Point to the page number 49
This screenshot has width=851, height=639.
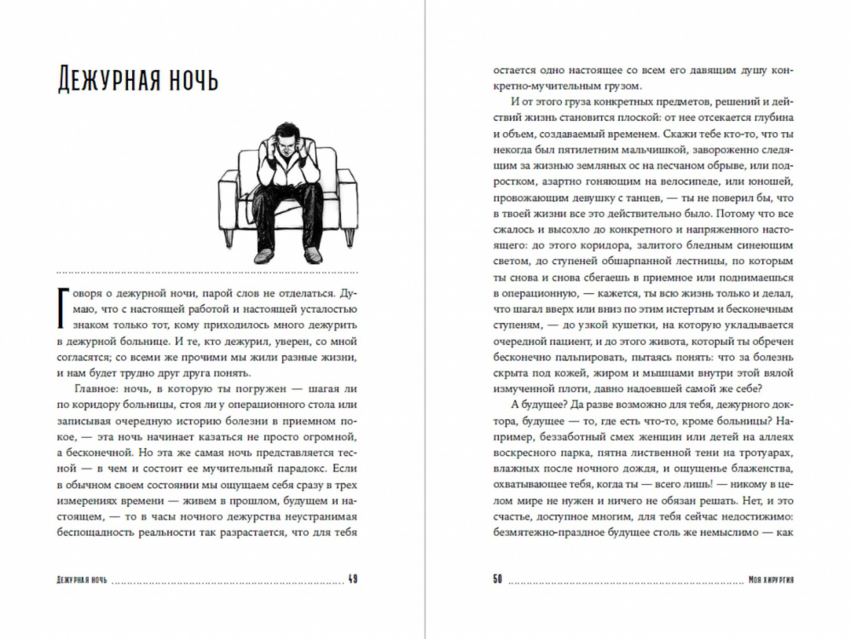(x=352, y=580)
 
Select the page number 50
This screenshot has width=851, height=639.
(x=497, y=580)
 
